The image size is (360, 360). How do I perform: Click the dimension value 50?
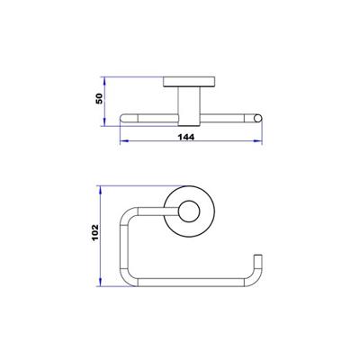pyautogui.click(x=101, y=98)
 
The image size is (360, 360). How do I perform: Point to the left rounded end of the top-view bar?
pyautogui.click(x=125, y=117)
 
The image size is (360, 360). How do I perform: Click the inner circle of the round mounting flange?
pyautogui.click(x=189, y=212)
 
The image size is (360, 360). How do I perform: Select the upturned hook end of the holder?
pyautogui.click(x=258, y=266)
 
